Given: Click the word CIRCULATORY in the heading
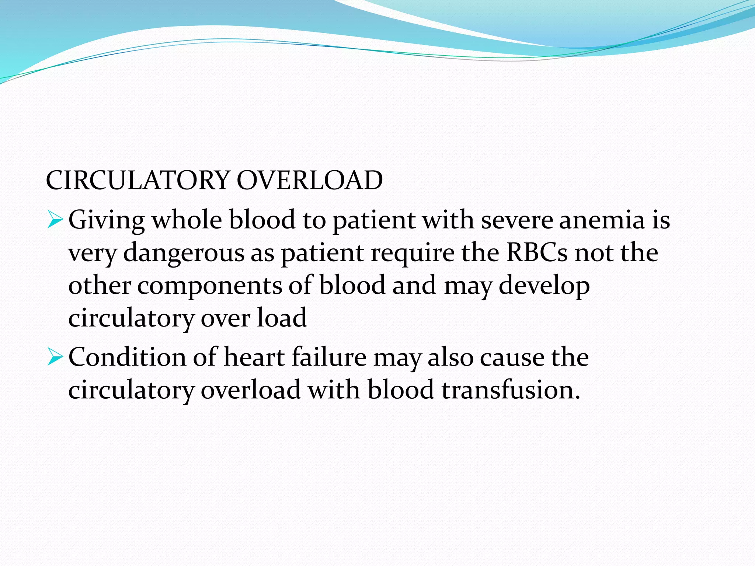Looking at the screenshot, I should [138, 181].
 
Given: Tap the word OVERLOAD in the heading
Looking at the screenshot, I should [310, 181].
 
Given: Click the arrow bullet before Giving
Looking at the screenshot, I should [55, 220].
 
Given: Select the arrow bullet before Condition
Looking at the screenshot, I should [55, 357].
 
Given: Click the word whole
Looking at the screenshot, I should [187, 220].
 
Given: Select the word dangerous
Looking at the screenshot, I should [184, 254].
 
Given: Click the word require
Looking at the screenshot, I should [413, 254].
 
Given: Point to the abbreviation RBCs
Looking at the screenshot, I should [537, 253].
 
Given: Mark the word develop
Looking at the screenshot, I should [544, 286].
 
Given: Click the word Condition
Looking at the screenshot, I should [128, 357].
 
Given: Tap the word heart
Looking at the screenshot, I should [254, 357].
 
